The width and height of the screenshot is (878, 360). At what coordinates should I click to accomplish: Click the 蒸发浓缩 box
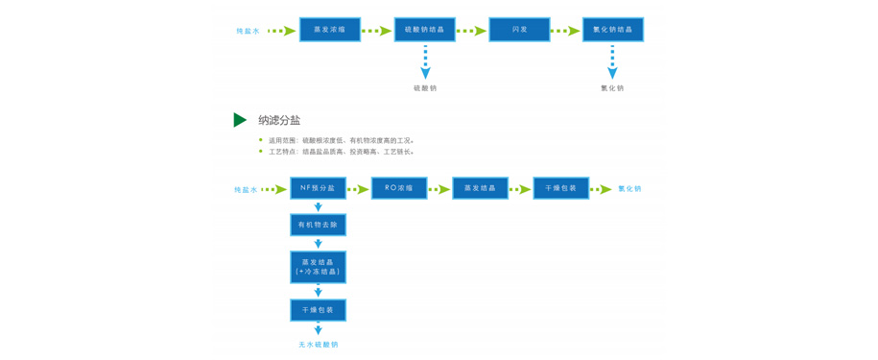(330, 30)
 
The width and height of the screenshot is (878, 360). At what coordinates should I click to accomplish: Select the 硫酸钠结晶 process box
(424, 30)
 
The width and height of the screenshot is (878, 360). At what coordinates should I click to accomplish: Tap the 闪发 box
(519, 30)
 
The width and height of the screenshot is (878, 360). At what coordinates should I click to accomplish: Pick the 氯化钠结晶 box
(612, 30)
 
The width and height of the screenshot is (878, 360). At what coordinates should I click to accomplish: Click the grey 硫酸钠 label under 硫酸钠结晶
(425, 88)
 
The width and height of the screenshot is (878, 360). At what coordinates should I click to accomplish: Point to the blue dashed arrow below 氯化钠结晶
(612, 63)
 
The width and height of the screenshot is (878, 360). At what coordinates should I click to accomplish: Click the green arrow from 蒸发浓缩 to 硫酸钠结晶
(377, 31)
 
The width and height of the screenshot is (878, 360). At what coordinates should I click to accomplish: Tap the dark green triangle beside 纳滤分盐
(240, 120)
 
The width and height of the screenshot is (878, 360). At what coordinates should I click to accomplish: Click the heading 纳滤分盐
(279, 121)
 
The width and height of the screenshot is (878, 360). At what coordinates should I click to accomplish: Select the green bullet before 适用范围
(260, 140)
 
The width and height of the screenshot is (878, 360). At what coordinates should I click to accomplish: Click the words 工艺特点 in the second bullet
(282, 152)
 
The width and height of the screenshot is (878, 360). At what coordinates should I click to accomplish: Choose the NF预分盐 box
(318, 188)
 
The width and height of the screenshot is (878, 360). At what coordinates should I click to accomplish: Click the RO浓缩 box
(399, 188)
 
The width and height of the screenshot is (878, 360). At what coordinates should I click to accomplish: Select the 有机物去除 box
(318, 225)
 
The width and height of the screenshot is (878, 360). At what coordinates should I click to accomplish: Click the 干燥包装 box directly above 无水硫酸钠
(318, 310)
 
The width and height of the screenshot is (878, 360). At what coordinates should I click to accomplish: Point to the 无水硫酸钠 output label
(318, 345)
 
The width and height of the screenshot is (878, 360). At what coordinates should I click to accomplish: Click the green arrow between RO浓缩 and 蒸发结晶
(439, 189)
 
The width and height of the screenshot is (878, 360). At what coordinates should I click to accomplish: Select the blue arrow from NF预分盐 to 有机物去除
(318, 206)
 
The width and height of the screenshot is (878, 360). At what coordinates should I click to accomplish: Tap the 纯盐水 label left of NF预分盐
(246, 190)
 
